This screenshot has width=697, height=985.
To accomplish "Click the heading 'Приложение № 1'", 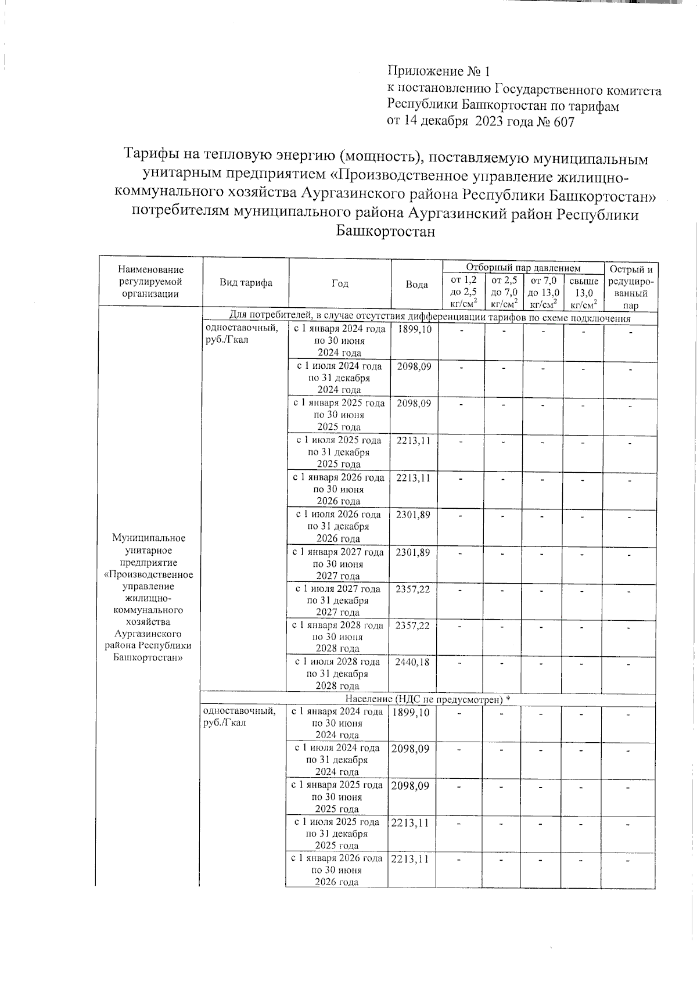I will click(x=439, y=71).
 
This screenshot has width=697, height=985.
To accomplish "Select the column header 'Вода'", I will click(x=416, y=284).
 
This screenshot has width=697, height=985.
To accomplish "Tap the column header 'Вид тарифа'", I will click(x=246, y=283).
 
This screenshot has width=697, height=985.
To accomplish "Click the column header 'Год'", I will click(x=340, y=283).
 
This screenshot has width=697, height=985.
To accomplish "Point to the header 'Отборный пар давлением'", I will click(x=523, y=268).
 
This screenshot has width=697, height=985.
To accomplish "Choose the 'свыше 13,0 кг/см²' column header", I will click(x=584, y=292).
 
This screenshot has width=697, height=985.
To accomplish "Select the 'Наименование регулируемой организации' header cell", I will click(x=150, y=282).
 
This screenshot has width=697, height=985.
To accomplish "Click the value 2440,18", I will click(x=412, y=662).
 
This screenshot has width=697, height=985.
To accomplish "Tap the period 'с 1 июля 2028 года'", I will click(x=337, y=662).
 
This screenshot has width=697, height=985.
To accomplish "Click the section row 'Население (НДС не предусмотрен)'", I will click(x=427, y=698).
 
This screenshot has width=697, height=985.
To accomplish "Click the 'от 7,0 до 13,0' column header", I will click(x=544, y=292).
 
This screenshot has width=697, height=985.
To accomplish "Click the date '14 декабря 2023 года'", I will click(x=465, y=122).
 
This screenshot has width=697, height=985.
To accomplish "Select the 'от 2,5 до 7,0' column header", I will click(x=504, y=292).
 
